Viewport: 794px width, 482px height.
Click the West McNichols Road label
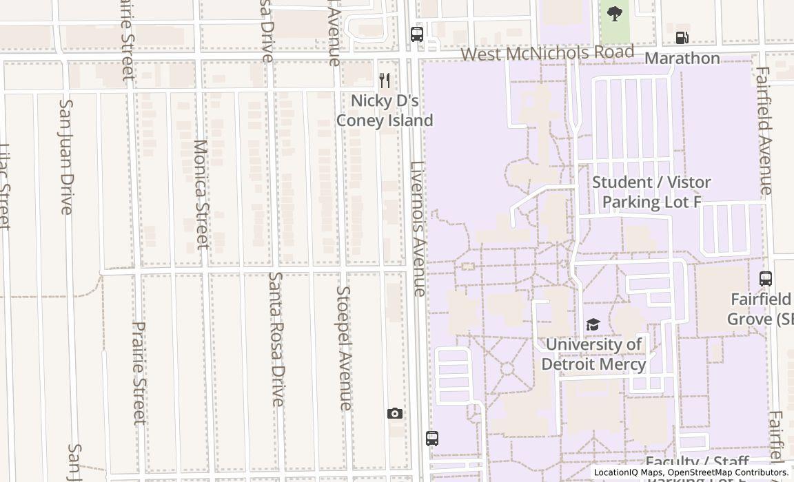pos(547,53)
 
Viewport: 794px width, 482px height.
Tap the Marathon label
pos(682,59)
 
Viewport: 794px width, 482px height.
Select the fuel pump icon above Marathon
pos(682,38)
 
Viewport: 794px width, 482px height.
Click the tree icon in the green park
pos(614,13)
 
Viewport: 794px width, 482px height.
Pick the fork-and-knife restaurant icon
pos(385,81)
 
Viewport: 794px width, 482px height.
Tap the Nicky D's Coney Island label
pos(385,110)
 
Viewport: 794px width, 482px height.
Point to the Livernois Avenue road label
pos(418,229)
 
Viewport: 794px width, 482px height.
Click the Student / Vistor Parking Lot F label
pos(651,192)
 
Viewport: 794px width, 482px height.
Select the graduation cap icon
pos(593,324)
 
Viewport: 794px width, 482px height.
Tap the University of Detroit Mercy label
pos(593,354)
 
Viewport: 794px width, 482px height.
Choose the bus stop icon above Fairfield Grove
pos(765,279)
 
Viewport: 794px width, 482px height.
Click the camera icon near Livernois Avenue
pos(394,413)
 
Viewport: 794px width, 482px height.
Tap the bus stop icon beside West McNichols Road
pos(416,34)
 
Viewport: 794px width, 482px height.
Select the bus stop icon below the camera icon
pos(431,438)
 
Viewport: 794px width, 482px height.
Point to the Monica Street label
pos(201,194)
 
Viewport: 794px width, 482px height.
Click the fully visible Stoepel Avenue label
pos(343,348)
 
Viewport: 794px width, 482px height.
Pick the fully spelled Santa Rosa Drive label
pos(276,339)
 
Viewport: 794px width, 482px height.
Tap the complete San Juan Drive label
pos(66,157)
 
